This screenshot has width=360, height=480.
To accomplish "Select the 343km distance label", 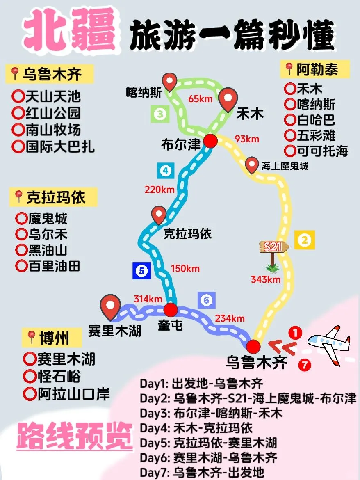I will point(266,280).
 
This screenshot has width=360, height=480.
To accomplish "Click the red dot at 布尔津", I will point(210,141).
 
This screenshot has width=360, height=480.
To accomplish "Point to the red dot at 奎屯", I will point(171,309).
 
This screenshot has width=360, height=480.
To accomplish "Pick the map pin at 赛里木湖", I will point(111,307).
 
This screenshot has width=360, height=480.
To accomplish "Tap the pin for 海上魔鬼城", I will point(252,166).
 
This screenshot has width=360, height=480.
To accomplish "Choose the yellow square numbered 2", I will point(304,240).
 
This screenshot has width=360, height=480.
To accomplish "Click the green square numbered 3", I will point(160,114).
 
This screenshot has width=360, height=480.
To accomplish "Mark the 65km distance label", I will point(200,98).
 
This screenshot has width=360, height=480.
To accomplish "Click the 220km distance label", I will point(159,190).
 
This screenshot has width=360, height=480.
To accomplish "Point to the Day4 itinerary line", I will point(196,428).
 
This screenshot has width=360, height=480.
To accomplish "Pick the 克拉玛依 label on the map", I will point(187,233).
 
